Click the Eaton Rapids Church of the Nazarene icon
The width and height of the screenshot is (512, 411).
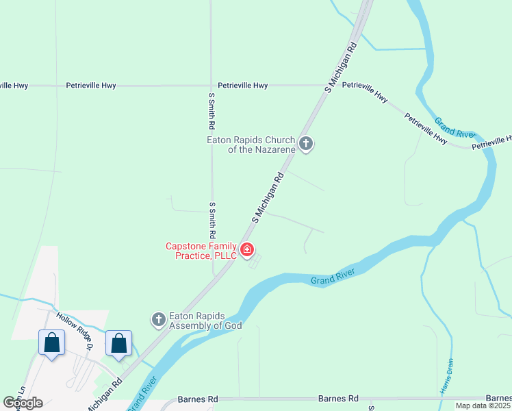point(306,144)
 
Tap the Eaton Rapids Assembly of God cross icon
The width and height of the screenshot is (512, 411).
point(158,319)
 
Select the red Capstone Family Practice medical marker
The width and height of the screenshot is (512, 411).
point(246,249)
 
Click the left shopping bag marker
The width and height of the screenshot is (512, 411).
point(51,342)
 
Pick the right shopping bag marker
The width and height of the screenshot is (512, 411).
point(118,344)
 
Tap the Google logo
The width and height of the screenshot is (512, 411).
point(23,403)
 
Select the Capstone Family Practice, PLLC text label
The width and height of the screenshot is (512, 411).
point(201,251)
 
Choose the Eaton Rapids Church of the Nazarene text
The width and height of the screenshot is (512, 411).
point(251,145)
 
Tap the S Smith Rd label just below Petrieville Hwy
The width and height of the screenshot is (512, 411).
point(212,113)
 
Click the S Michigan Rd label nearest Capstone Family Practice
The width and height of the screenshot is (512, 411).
point(268,198)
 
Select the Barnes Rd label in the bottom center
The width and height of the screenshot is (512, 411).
point(338,398)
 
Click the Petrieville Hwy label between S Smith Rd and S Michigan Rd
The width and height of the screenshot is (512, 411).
point(242,86)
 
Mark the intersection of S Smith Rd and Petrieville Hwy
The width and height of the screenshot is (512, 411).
point(212,86)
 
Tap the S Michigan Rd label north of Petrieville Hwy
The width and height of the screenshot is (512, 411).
point(342,67)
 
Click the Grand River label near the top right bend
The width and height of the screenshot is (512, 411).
point(451,125)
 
